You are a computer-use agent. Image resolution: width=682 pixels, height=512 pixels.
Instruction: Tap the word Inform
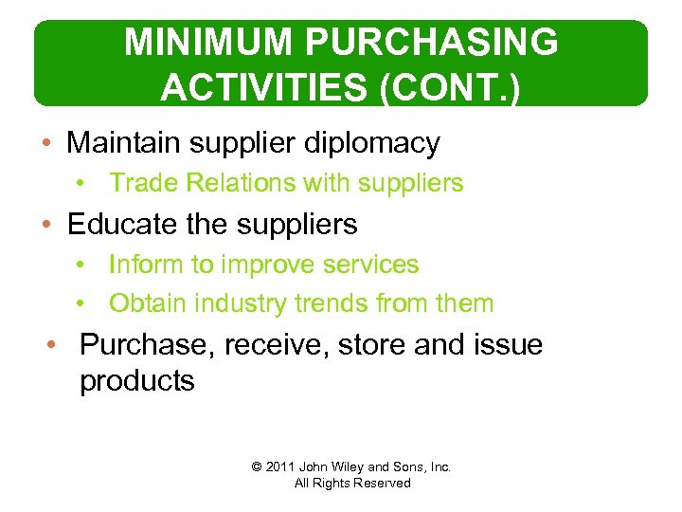click(146, 265)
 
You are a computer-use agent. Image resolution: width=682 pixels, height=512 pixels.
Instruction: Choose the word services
click(371, 265)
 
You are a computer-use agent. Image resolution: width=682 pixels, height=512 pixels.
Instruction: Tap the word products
click(137, 381)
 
